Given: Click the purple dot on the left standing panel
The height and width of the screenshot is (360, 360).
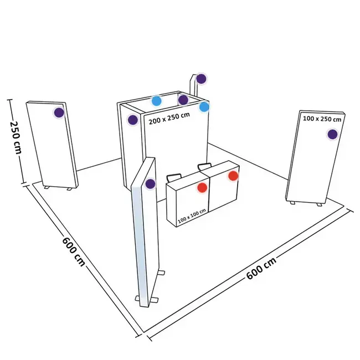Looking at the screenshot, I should pos(59,112).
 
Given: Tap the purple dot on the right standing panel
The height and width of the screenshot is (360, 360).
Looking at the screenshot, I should pos(332,133).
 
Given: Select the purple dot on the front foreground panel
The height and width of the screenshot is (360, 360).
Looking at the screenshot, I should pos(150,183).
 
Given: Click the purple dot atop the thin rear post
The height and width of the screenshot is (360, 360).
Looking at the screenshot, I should pos(202,79).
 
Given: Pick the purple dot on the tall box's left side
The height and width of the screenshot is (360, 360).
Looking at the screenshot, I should pos(132,120).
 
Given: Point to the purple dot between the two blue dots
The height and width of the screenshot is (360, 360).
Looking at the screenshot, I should pos(183,100).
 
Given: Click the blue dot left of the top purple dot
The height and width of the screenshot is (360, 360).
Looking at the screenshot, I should pos(157,101).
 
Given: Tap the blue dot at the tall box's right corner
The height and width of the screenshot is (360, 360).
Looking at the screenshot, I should pos(204,106).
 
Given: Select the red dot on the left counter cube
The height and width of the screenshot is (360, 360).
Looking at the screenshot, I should pos(202,187).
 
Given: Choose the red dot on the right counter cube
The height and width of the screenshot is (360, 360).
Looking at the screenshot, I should pos(233,176).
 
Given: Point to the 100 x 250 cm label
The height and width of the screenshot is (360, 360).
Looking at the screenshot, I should pos(322,119).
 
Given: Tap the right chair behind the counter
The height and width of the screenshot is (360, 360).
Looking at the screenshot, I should pos(204,166).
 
